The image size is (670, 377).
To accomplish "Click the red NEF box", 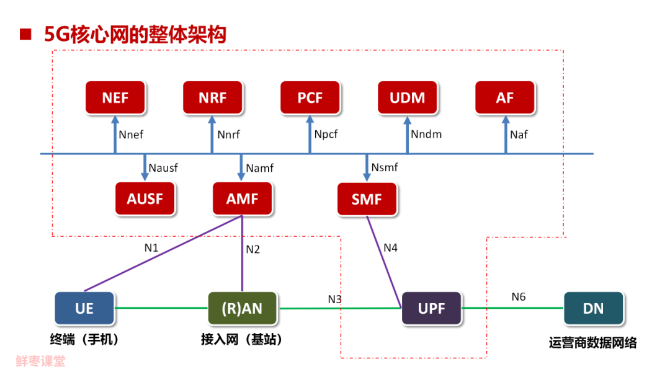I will tap(115, 98).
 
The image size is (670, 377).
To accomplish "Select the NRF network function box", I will tap(213, 98).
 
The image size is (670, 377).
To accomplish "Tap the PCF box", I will tap(310, 98).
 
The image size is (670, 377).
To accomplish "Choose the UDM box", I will tap(408, 98).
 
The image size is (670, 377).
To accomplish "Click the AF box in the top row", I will tap(505, 98).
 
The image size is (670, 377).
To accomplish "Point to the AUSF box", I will tap(146, 199).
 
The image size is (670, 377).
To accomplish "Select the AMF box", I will tap(242, 199).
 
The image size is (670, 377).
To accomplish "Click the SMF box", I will tap(367, 199).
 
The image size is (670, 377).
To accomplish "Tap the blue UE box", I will tap(84, 308).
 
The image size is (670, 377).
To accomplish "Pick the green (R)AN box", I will tap(243, 308).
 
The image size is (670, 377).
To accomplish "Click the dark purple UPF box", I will tap(432, 308).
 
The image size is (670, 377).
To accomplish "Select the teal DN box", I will tap(593, 308).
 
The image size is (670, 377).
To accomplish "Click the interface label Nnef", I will tap(131, 134).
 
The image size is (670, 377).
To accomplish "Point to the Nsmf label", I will tap(385, 167).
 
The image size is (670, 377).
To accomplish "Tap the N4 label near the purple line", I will tap(390, 247).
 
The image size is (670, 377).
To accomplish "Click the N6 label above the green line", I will tap(519, 297).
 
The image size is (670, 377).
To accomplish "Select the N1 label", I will tap(151, 247).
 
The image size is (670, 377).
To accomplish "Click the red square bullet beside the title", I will tap(25, 34).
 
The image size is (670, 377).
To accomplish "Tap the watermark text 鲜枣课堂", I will tap(40, 361).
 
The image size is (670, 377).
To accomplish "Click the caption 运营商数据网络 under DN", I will tap(592, 343).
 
